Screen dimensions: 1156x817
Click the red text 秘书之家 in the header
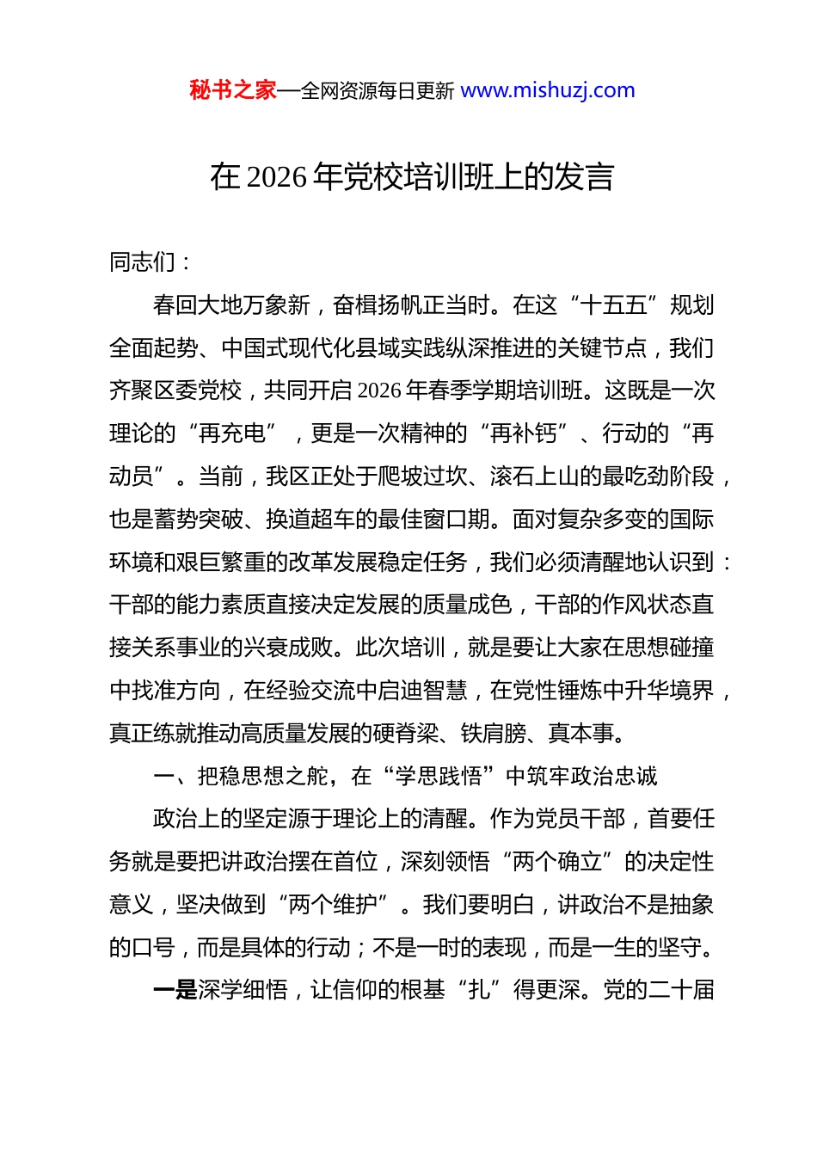point(232,90)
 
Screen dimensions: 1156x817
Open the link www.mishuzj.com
point(548,90)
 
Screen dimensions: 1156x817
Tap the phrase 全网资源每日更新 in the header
point(378,91)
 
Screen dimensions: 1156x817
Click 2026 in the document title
point(276,177)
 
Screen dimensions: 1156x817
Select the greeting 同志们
point(142,262)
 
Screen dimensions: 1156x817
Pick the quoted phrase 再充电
point(231,433)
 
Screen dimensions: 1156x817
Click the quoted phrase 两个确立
point(556,862)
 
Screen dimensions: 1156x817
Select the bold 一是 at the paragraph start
point(175,991)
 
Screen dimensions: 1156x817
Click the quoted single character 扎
point(479,991)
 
